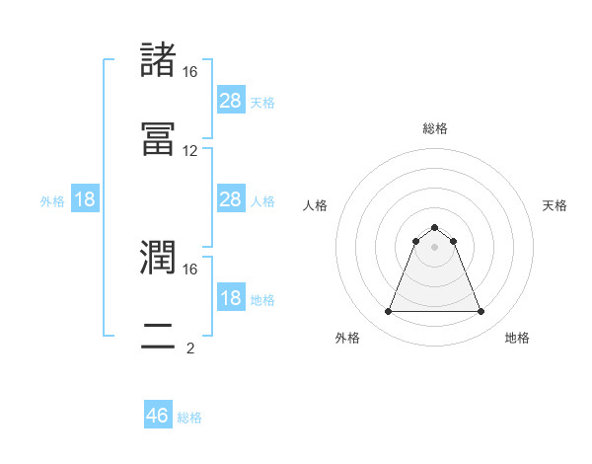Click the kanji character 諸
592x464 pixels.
pos(159,60)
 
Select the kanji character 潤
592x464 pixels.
pos(159,258)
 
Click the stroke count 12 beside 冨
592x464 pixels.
pos(190,151)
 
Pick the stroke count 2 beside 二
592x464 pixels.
pos(190,348)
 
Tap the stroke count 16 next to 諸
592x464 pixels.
pos(190,72)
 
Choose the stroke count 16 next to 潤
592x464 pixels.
pos(190,269)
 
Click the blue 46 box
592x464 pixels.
pos(158,416)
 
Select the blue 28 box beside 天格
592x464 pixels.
pos(230,100)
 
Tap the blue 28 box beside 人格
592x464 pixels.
pos(230,199)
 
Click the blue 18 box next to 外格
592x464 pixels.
pos(85,199)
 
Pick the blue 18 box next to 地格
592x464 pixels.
pos(230,298)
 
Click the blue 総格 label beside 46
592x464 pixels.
pos(189,418)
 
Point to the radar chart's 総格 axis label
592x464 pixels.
pos(435,128)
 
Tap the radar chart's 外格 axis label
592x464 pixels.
pos(347,338)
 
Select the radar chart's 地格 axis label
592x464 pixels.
pos(517,338)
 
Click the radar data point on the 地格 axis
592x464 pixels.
pos(481,312)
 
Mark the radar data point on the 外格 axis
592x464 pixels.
pos(389,312)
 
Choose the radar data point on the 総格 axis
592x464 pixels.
pos(435,227)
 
